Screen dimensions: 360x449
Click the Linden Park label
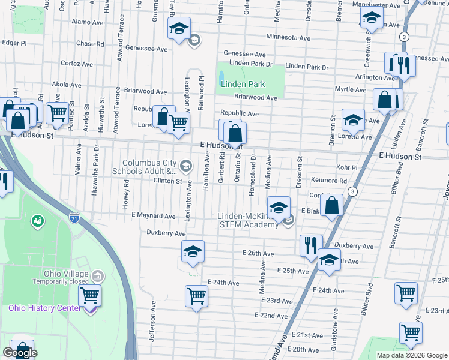click(x=242, y=85)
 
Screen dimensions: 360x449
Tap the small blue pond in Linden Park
click(x=221, y=77)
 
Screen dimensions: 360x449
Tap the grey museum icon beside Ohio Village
click(x=98, y=276)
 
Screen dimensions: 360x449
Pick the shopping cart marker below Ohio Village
click(x=89, y=295)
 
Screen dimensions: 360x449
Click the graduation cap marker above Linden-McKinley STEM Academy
click(x=279, y=208)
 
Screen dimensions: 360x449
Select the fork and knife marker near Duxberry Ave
click(x=311, y=245)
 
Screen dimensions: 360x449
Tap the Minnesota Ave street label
click(x=288, y=37)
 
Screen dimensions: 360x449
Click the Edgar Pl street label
click(x=15, y=43)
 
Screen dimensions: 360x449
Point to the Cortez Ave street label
click(x=76, y=64)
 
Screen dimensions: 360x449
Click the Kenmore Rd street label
click(x=329, y=181)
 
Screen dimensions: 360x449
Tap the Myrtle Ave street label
click(x=350, y=90)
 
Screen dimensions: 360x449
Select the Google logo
click(x=20, y=353)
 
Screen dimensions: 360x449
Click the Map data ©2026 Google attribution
click(x=411, y=355)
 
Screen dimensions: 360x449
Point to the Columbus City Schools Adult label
click(x=149, y=167)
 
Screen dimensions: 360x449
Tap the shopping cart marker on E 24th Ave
click(x=196, y=296)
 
